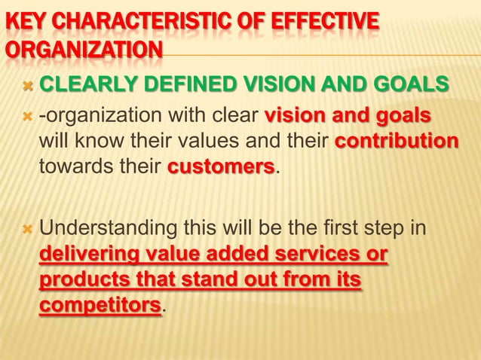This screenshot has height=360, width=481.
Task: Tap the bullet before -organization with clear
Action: pyautogui.click(x=28, y=117)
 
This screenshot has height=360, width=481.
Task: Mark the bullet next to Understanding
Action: pyautogui.click(x=28, y=227)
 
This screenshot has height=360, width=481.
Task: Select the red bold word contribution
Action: pyautogui.click(x=396, y=142)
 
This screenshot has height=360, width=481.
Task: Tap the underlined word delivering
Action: pyautogui.click(x=90, y=254)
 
